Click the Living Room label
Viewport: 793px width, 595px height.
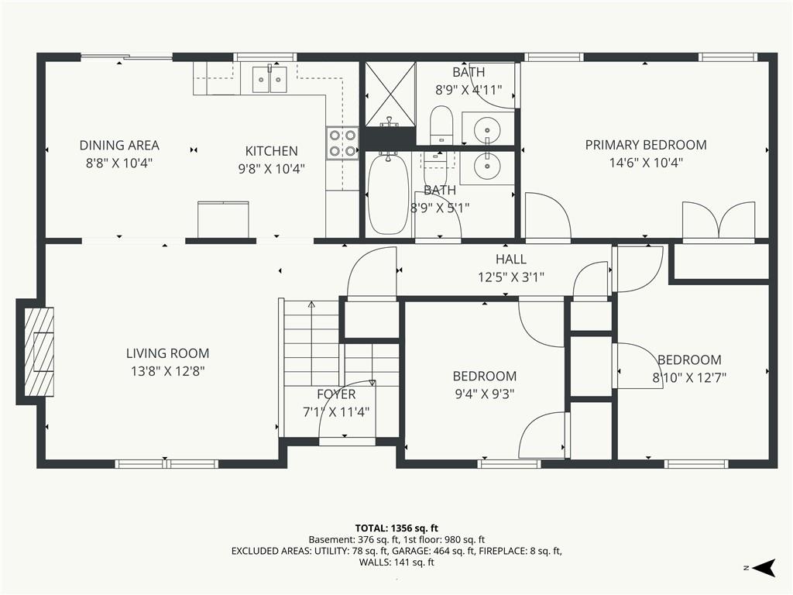[167, 353]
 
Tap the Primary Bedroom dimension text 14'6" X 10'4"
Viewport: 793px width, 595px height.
[646, 163]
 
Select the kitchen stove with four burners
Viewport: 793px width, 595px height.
[342, 143]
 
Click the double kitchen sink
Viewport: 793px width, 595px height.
[269, 79]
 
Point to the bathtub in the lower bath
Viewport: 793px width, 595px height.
[389, 194]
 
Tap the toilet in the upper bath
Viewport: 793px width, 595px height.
[441, 125]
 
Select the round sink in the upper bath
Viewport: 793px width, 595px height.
[487, 129]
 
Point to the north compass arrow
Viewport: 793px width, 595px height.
[764, 568]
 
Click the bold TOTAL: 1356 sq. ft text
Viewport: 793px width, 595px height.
[396, 528]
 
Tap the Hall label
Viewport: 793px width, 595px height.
[511, 259]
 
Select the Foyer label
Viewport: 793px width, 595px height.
[336, 394]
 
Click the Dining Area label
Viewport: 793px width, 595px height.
[119, 145]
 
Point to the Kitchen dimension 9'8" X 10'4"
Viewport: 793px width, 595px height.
[272, 169]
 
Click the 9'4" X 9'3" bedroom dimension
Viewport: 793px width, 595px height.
[485, 394]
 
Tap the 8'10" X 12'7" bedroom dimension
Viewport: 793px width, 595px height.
[689, 377]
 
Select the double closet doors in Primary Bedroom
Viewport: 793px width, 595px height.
[719, 220]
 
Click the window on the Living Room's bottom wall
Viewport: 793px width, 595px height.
[167, 463]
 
